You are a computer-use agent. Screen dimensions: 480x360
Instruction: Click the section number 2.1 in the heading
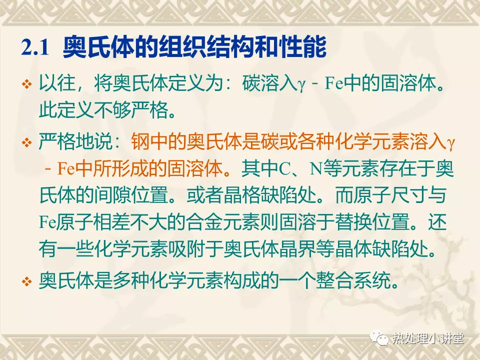(x=35, y=48)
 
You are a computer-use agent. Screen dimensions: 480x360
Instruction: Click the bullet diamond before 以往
(x=27, y=84)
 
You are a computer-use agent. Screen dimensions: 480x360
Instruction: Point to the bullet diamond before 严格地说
(x=27, y=142)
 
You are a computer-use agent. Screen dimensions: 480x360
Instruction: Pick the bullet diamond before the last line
(x=27, y=281)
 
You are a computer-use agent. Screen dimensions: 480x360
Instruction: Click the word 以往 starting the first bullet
(x=57, y=83)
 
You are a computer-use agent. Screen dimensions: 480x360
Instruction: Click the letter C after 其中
(x=284, y=169)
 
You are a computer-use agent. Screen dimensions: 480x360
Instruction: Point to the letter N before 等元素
(x=316, y=169)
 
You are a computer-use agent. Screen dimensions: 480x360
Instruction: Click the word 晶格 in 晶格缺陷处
(x=242, y=195)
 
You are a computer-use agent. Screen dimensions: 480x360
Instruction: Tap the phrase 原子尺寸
(x=390, y=195)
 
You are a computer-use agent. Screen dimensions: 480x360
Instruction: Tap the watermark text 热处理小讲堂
(x=428, y=338)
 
